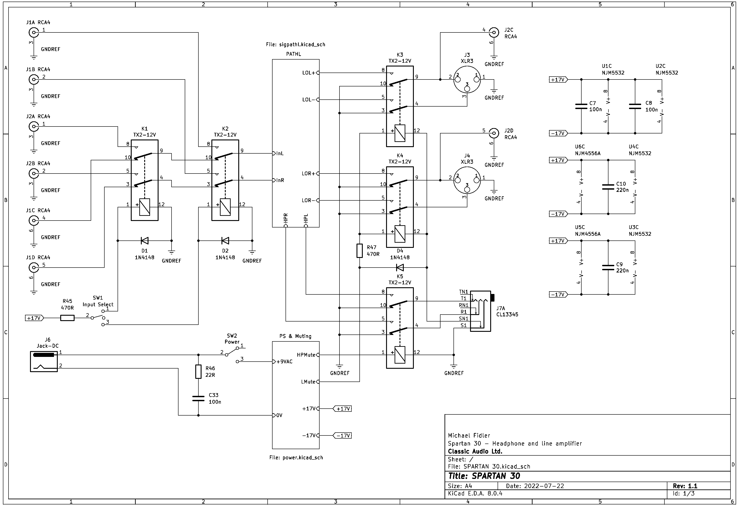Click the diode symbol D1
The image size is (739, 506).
coord(145,241)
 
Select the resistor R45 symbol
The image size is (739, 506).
coord(67,318)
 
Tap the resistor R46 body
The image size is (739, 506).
coord(198,372)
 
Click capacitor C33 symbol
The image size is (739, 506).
coord(198,399)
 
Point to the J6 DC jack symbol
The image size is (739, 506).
coord(44,361)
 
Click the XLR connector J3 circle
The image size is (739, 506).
coord(467,80)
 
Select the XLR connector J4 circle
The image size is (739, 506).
coord(467,180)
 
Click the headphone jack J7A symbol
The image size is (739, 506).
coord(481,311)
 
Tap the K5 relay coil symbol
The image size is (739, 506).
coord(400,355)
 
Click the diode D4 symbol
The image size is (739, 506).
coord(400,267)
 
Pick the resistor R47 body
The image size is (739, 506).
coord(360,251)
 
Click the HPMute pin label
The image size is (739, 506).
coord(306,355)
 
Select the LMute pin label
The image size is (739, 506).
coord(308,382)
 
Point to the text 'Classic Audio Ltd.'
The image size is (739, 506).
coord(475,451)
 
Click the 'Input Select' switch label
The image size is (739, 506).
coord(98,304)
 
